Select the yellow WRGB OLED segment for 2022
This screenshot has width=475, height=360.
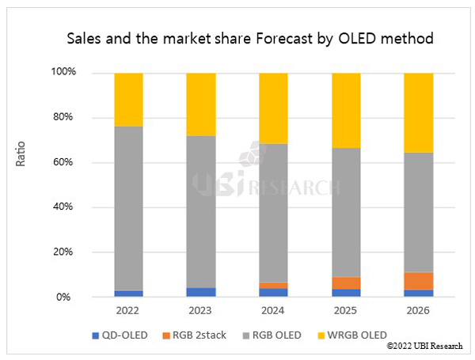(x=128, y=100)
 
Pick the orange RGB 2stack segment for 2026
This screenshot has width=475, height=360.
(x=418, y=281)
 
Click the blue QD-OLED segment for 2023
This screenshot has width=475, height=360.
(x=200, y=292)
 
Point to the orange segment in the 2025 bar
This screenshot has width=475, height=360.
(x=346, y=282)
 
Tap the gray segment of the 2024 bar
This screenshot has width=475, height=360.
(x=273, y=213)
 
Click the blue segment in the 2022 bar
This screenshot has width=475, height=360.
(x=128, y=294)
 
